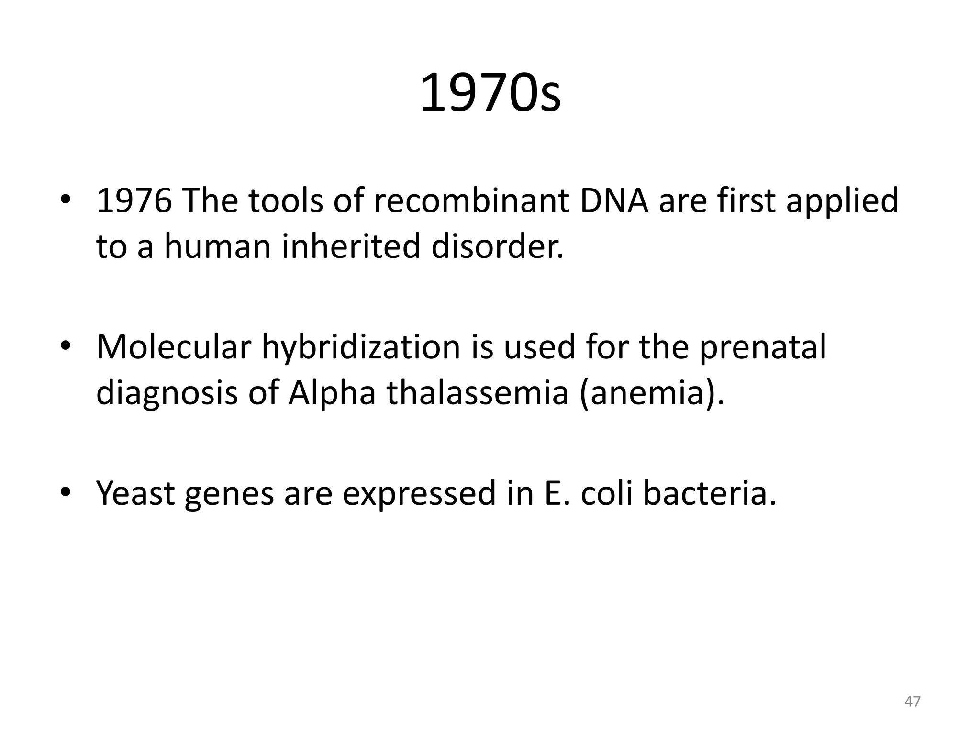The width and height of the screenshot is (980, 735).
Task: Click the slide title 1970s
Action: point(490,93)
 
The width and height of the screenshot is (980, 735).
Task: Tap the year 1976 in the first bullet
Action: point(134,200)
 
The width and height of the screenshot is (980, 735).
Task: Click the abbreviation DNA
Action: point(614,200)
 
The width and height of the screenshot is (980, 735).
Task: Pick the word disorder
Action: point(498,247)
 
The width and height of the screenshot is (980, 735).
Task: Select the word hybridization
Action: point(360,348)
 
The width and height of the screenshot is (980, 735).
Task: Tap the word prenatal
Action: point(763,348)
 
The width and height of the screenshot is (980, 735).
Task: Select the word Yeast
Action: point(135,493)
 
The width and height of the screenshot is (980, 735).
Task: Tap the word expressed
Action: point(419,494)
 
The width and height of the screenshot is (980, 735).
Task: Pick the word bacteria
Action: point(709,493)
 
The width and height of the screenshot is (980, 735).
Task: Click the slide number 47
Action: point(912,702)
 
